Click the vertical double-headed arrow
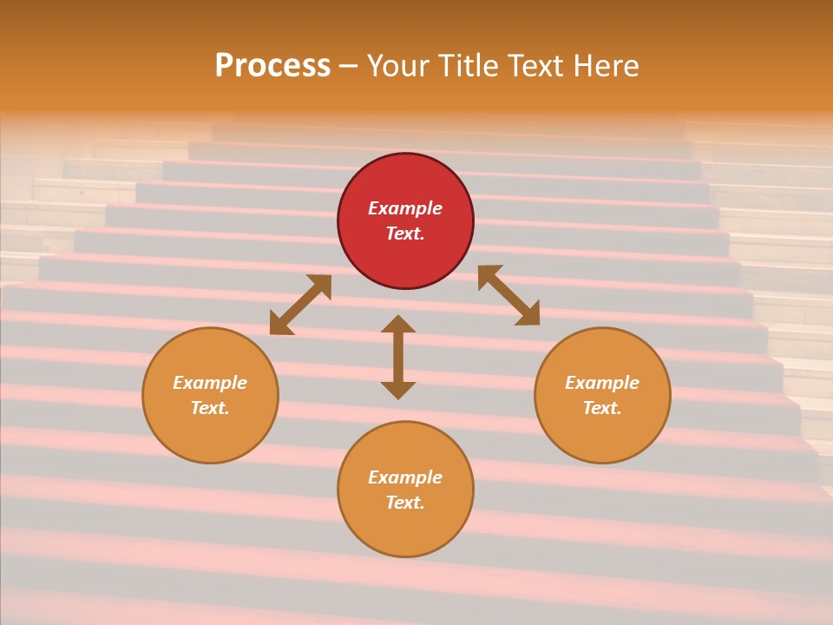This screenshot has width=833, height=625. tap(398, 357)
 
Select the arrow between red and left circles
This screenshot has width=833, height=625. tap(300, 305)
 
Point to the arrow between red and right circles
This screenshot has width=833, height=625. tap(508, 295)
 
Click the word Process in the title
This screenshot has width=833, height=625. tap(272, 65)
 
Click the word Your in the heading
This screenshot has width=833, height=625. tap(397, 65)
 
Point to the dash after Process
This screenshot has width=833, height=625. tap(348, 66)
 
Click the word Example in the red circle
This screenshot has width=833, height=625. tap(405, 208)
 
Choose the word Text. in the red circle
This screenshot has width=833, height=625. tap(405, 234)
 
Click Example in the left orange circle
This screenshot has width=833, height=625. tap(210, 383)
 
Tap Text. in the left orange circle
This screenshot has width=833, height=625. tap(210, 408)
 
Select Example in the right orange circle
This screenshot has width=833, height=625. tap(602, 383)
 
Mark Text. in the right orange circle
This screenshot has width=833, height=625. tap(602, 408)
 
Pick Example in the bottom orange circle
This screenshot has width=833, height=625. tap(405, 477)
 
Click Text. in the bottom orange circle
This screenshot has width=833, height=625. tap(405, 503)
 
